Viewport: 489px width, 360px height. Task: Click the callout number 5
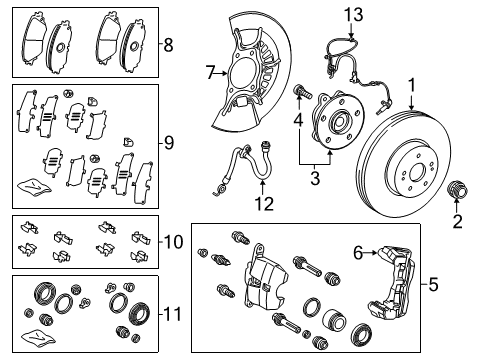click(434, 286)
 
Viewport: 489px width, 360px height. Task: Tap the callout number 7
click(211, 72)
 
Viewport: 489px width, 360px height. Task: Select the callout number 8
click(169, 44)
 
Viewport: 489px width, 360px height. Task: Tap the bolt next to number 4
click(300, 96)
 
